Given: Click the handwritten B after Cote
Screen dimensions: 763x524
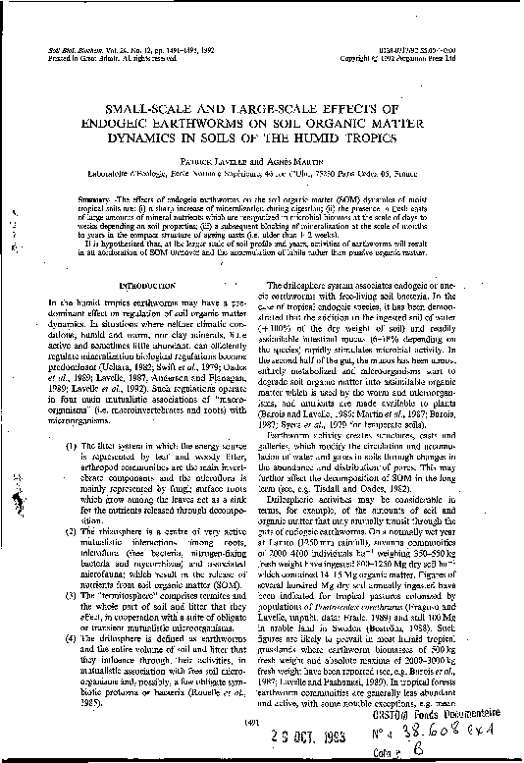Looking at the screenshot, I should pos(473,755).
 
